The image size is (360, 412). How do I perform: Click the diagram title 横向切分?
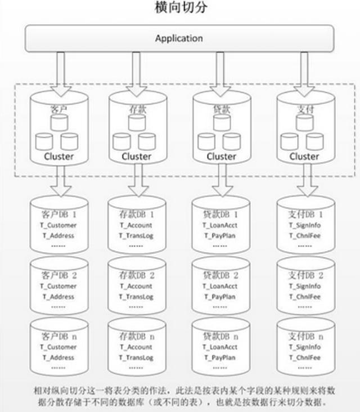(x=179, y=9)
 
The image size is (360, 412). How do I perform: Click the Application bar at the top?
(x=179, y=39)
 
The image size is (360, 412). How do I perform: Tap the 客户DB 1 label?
(x=58, y=214)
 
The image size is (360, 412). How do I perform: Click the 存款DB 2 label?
(x=136, y=275)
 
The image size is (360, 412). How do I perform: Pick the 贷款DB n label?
(x=220, y=336)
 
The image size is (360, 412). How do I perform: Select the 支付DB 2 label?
(x=305, y=275)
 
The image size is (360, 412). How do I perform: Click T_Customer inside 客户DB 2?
(x=58, y=286)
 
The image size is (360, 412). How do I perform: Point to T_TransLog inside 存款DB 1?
(x=136, y=235)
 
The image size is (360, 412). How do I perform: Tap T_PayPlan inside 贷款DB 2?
(x=220, y=296)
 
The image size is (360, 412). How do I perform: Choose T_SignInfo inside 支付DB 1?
(x=305, y=225)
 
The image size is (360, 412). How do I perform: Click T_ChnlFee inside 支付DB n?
(x=305, y=357)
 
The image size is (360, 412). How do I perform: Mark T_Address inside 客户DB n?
(x=58, y=357)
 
